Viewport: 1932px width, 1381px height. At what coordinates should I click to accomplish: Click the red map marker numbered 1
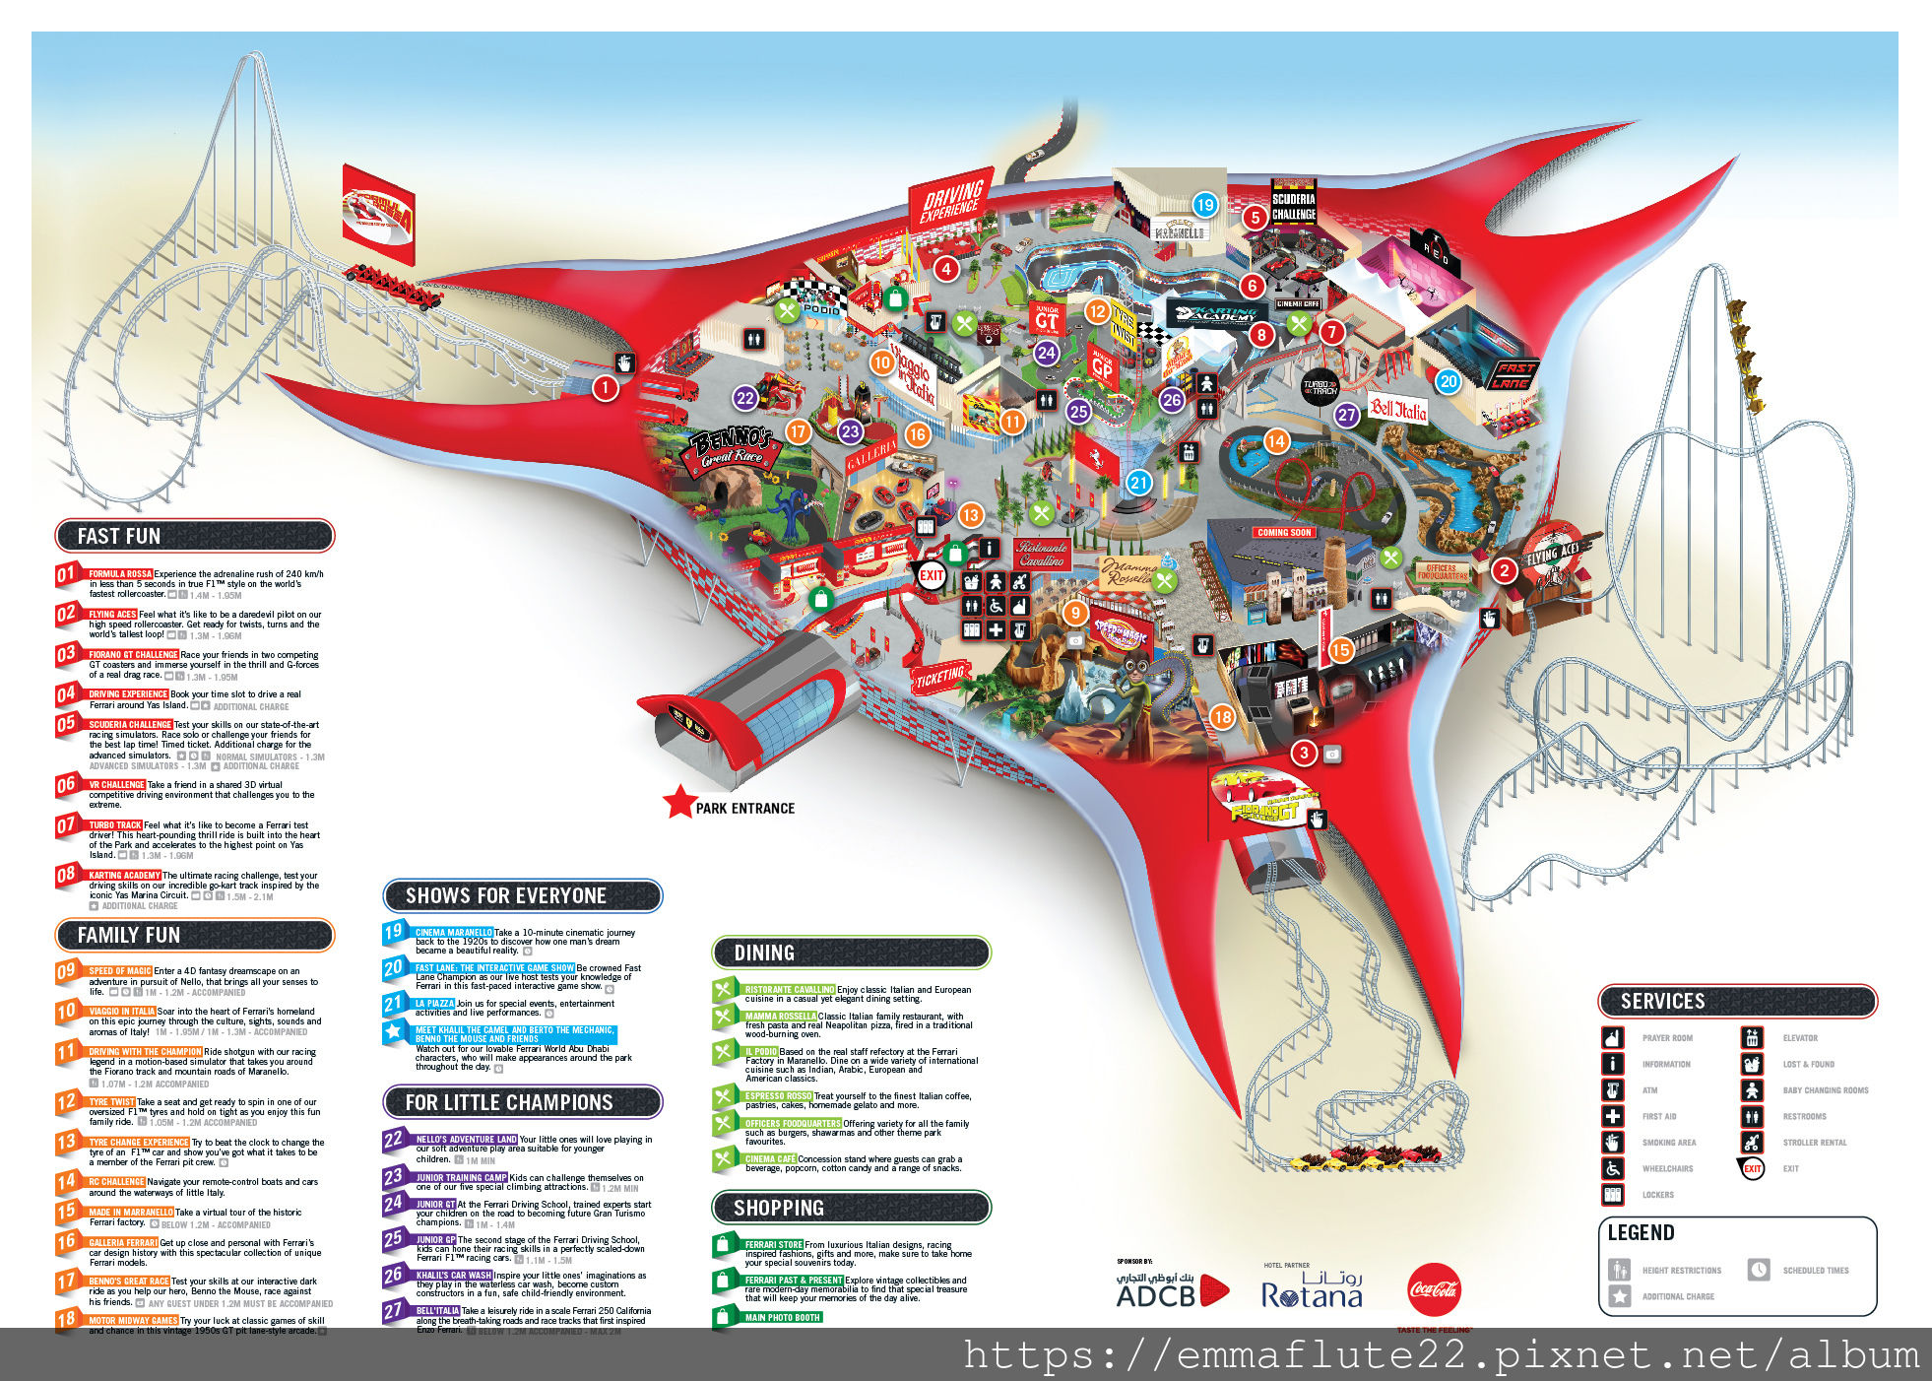605,388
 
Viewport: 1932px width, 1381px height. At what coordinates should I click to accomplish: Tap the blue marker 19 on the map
1204,205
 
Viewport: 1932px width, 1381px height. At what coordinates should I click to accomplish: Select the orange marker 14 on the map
1276,441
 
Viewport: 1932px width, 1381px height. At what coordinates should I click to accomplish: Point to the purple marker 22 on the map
745,399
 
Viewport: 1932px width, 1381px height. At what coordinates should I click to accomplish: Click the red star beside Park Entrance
679,802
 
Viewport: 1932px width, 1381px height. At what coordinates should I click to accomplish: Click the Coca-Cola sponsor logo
1434,1289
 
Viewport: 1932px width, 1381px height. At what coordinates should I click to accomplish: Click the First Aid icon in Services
1612,1116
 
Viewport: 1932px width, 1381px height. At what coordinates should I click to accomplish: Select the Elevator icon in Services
1752,1037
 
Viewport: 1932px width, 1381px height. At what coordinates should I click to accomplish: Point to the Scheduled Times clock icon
1759,1270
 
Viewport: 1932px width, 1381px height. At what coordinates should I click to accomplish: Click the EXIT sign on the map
932,575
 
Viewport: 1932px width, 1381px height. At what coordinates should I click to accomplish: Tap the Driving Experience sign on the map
950,201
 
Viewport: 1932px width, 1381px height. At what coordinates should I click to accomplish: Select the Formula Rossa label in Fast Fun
120,573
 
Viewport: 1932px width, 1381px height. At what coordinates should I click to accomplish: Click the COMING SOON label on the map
1284,532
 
